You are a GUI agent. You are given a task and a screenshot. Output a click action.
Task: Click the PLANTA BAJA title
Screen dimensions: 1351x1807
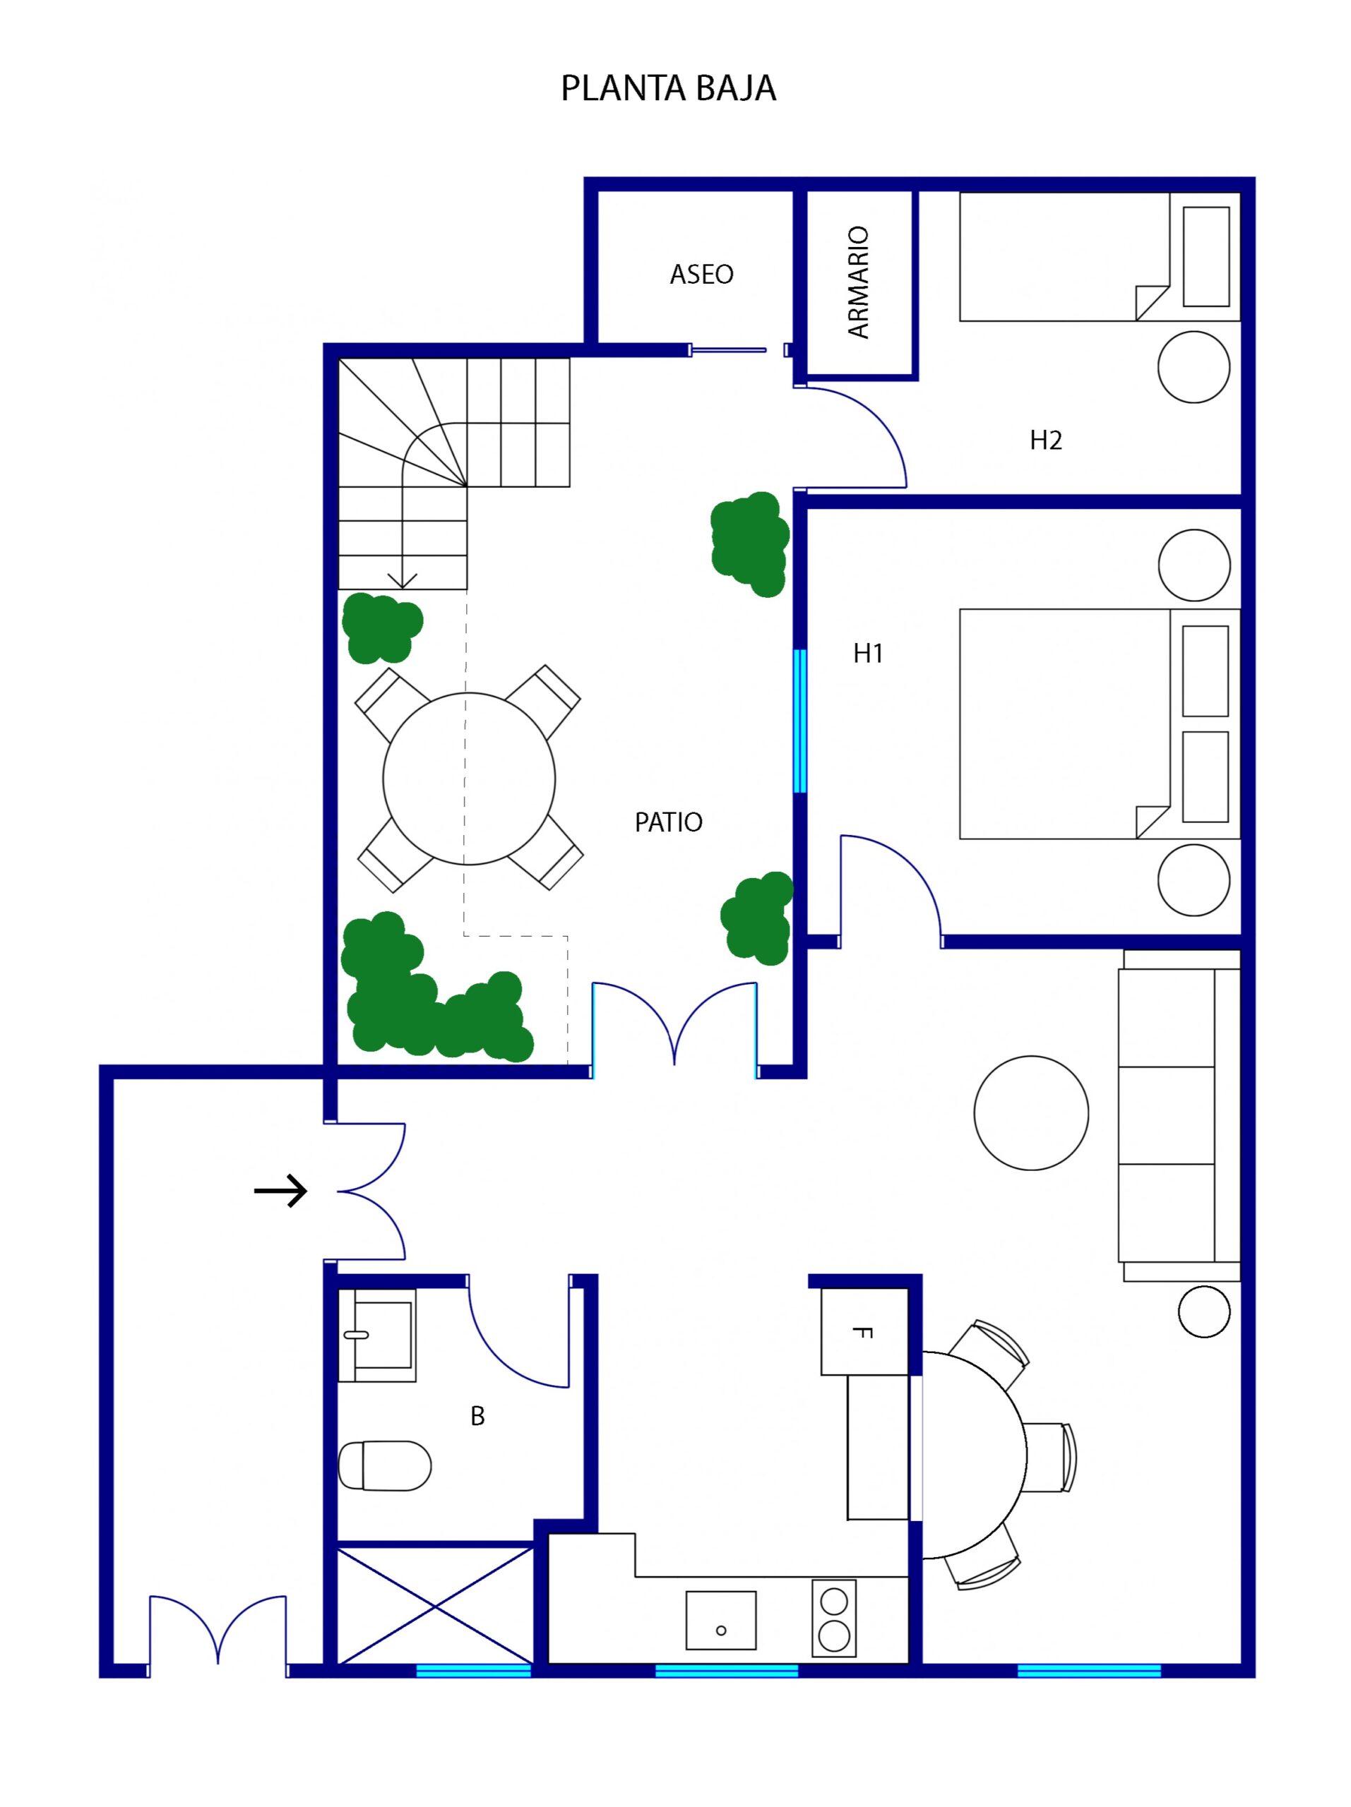click(668, 88)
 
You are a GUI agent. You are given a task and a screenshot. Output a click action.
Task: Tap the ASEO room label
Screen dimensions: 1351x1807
click(701, 274)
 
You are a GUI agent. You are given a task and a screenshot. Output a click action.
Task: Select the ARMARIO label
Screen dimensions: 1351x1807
click(858, 282)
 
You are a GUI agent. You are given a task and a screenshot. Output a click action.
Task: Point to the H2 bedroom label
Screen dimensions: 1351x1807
click(1045, 440)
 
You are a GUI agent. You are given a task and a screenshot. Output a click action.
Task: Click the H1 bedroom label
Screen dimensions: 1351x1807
click(868, 653)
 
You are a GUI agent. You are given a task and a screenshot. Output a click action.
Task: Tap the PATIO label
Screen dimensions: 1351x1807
click(669, 822)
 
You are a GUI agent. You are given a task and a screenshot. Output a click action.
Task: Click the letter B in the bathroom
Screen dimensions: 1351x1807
click(477, 1416)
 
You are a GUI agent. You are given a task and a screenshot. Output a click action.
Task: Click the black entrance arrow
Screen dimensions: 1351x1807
click(280, 1191)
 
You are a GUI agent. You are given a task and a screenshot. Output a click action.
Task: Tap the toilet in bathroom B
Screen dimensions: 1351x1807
click(384, 1465)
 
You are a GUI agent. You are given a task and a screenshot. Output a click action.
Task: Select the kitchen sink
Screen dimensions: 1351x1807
click(721, 1620)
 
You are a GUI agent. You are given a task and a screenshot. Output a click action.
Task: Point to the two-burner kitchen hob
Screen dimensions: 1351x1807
click(833, 1618)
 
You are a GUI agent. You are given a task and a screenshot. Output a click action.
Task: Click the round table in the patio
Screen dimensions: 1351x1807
click(469, 779)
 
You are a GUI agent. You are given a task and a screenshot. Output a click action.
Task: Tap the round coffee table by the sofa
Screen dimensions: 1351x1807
click(1030, 1113)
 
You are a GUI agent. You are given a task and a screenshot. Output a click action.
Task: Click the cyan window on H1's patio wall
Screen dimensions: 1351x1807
click(800, 721)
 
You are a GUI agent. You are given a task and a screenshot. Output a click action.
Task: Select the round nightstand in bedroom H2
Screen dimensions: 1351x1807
click(1194, 367)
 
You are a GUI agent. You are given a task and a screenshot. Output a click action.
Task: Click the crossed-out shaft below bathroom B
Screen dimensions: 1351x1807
click(435, 1606)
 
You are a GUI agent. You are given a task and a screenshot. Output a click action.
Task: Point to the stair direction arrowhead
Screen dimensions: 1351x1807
click(402, 582)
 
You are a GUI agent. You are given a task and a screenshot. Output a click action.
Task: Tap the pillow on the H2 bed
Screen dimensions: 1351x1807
click(1206, 256)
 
